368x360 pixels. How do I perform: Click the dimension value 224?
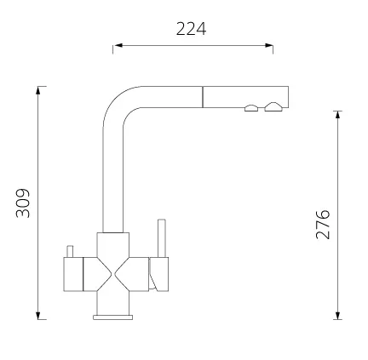[x=191, y=29]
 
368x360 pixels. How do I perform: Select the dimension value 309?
[x=23, y=203]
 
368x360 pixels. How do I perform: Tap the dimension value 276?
[x=323, y=225]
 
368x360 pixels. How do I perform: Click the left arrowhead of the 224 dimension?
[x=118, y=45]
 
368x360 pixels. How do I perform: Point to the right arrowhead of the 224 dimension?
[x=268, y=45]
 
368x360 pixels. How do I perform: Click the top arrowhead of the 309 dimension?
[x=38, y=90]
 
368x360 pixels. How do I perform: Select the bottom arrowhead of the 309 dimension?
[x=38, y=315]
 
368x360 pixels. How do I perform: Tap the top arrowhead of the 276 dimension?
[x=337, y=115]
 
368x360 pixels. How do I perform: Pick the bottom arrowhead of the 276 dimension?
[x=337, y=315]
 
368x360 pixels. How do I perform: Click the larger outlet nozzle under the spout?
[x=273, y=107]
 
